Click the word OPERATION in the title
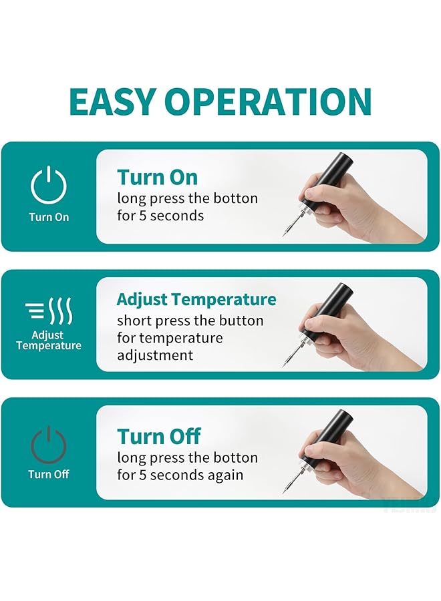tap(268, 102)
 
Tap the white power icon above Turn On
tap(49, 186)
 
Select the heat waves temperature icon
tap(49, 311)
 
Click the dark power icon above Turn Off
tap(49, 443)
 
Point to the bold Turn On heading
tap(158, 178)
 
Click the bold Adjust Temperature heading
tap(196, 299)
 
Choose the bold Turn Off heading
tap(159, 437)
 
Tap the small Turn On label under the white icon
tap(49, 217)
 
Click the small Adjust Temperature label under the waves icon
tap(49, 341)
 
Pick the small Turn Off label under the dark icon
tap(49, 475)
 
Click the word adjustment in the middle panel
tap(155, 355)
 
